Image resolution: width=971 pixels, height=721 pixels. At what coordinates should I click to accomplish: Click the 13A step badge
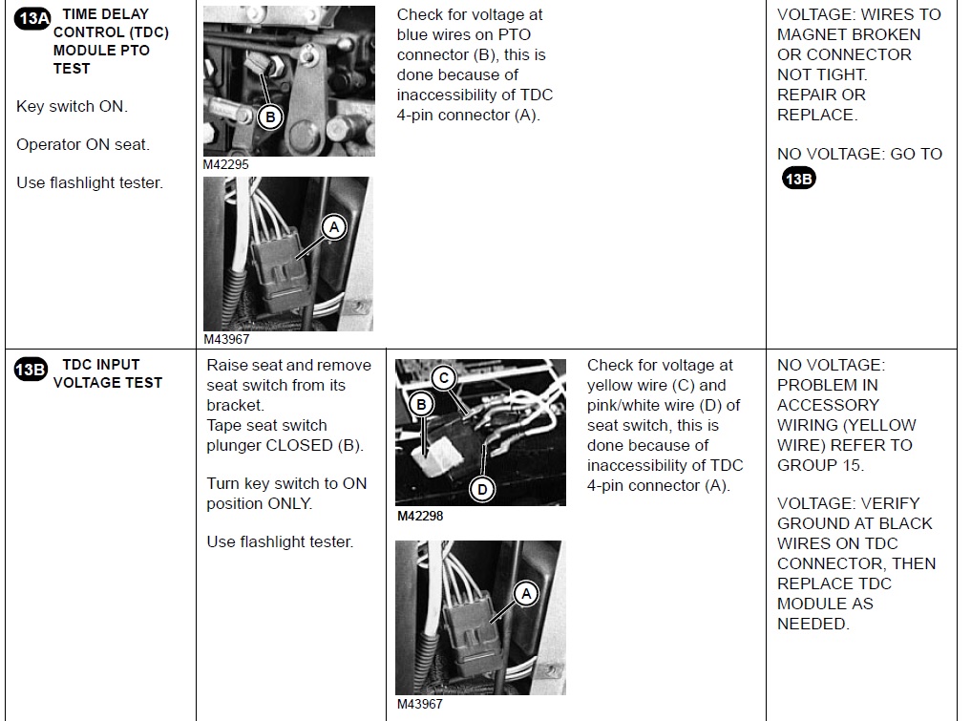[32, 18]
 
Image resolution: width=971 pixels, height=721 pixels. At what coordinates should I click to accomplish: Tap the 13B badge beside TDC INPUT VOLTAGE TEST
[31, 370]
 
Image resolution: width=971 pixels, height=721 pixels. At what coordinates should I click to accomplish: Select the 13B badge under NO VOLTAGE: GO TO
[799, 179]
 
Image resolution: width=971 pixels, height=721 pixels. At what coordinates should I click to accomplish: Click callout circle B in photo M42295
[270, 117]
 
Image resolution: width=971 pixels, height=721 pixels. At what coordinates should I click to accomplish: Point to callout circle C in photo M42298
[443, 378]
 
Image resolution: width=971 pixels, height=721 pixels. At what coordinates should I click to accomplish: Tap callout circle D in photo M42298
[482, 490]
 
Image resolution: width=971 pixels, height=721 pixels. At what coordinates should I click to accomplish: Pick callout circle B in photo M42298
[421, 405]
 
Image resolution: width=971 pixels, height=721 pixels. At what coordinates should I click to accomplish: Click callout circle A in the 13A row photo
[334, 227]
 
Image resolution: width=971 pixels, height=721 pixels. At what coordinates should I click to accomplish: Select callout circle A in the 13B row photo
[526, 594]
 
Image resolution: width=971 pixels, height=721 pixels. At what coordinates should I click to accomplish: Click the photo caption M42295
[226, 165]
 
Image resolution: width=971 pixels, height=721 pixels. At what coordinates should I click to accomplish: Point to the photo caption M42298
[420, 516]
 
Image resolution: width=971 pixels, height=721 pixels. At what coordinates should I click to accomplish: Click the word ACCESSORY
[828, 405]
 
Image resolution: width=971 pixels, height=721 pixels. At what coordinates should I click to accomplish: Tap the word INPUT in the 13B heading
[118, 365]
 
